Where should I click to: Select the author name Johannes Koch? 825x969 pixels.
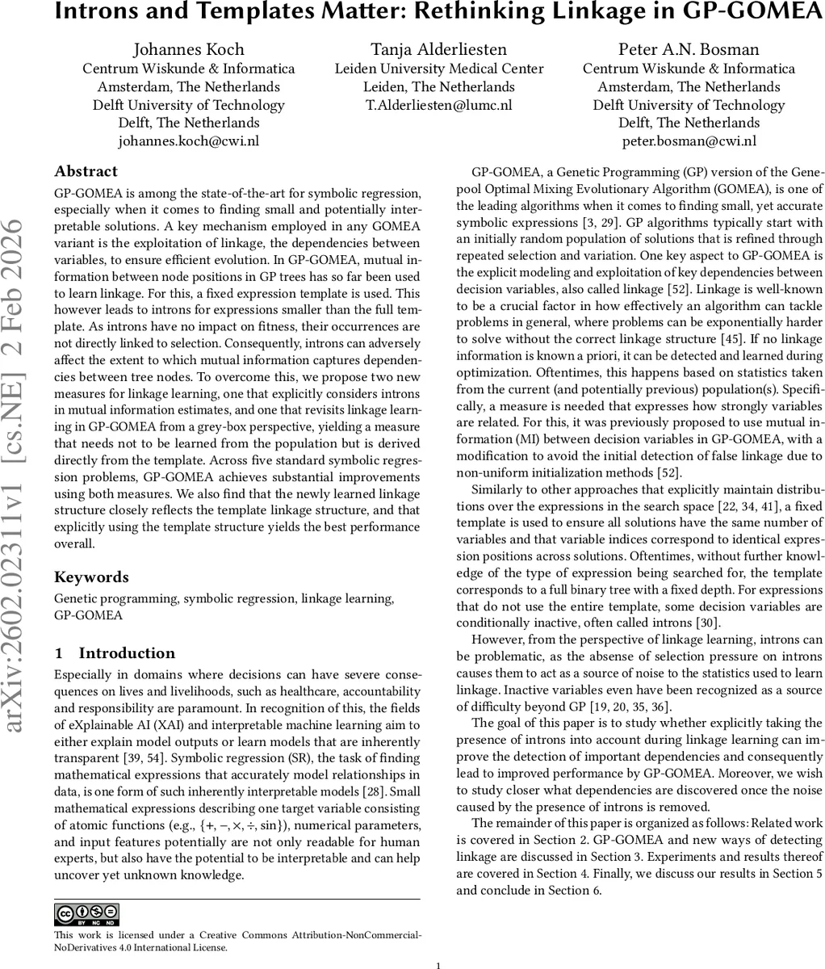click(188, 50)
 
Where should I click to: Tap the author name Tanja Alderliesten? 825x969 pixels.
click(439, 50)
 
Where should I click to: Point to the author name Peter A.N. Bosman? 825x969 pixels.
click(689, 50)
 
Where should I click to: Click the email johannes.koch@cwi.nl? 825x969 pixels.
click(188, 141)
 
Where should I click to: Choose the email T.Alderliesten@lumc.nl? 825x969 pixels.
click(439, 105)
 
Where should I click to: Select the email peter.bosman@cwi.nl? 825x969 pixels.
click(689, 141)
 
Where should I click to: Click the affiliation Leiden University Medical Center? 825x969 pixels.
click(439, 69)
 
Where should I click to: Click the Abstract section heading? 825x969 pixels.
click(86, 171)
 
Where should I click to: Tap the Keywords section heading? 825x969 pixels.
click(91, 577)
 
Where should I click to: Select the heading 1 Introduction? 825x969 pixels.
click(115, 653)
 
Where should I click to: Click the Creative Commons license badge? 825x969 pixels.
click(86, 914)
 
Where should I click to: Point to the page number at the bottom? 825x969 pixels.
click(438, 965)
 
